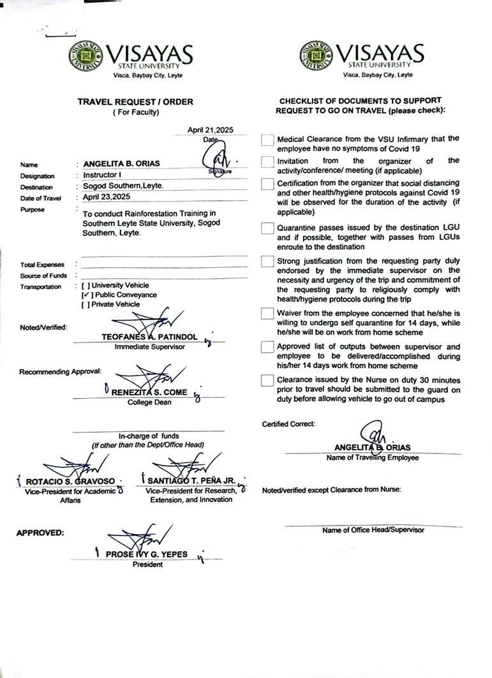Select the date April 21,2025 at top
click(210, 129)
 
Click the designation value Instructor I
click(104, 175)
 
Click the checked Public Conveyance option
click(86, 295)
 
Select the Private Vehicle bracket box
click(85, 304)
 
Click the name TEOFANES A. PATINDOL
click(150, 336)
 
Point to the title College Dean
click(149, 402)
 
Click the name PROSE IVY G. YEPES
click(146, 554)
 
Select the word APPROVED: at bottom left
click(40, 532)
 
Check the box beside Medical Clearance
click(267, 140)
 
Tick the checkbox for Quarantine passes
click(267, 229)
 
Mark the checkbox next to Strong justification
click(267, 262)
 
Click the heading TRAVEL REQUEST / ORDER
click(135, 101)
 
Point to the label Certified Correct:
click(288, 424)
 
